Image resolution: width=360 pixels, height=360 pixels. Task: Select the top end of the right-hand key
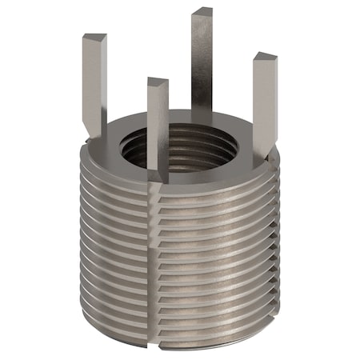point(264,58)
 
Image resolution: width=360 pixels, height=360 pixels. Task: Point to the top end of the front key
point(158,82)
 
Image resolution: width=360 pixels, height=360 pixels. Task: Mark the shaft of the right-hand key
point(264,104)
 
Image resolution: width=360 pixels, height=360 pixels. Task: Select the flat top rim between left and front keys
point(120,152)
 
